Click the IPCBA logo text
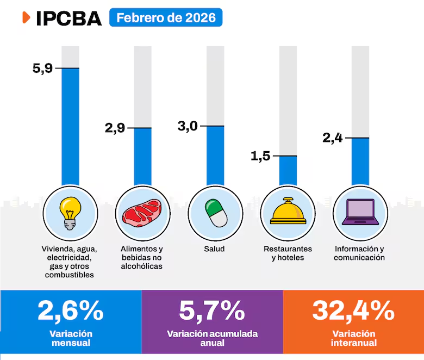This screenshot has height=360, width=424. point(68,18)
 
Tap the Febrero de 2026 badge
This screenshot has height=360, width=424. point(166,17)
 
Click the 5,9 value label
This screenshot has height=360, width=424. point(42,69)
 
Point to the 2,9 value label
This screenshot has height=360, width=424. point(115,128)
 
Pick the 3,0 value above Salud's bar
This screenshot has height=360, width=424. point(188,126)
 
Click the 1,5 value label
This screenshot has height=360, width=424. point(260,157)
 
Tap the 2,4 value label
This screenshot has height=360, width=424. point(332,138)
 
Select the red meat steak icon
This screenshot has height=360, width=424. point(142,212)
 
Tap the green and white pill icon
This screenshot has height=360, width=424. point(216,213)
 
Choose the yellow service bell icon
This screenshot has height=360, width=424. point(288,212)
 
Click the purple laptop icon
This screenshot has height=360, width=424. point(360,212)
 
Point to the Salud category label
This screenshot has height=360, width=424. point(214,249)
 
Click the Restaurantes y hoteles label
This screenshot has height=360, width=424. point(288,253)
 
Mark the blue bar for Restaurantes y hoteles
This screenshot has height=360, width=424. point(288,170)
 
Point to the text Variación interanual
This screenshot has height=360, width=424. point(353,338)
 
